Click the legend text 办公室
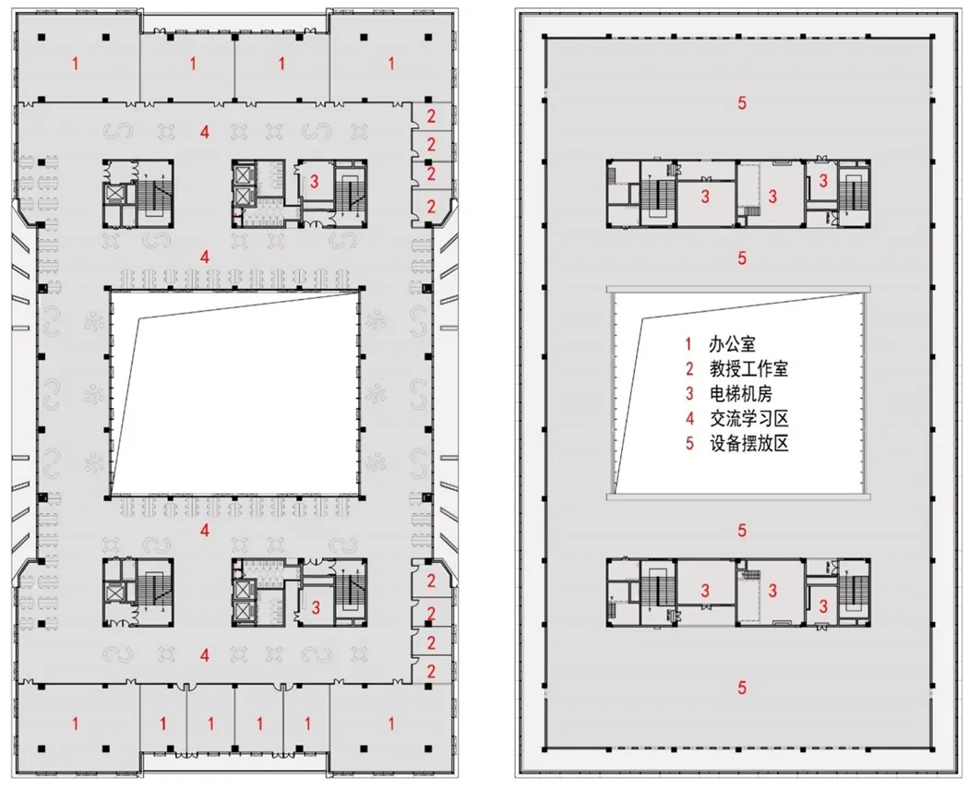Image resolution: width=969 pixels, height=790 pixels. pyautogui.click(x=732, y=344)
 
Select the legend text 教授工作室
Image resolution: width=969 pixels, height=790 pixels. pyautogui.click(x=748, y=369)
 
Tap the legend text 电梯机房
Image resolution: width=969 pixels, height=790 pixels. pyautogui.click(x=740, y=394)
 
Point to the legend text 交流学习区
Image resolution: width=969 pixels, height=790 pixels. pyautogui.click(x=748, y=418)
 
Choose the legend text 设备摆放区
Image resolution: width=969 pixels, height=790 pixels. pyautogui.click(x=748, y=443)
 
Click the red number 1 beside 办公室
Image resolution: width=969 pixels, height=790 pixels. pyautogui.click(x=689, y=344)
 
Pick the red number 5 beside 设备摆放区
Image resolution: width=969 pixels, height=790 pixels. pyautogui.click(x=689, y=443)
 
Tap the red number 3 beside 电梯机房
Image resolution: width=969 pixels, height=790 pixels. pyautogui.click(x=689, y=394)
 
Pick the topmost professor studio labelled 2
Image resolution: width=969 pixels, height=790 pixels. pyautogui.click(x=431, y=115)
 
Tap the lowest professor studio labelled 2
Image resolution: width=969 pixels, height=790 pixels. pyautogui.click(x=431, y=671)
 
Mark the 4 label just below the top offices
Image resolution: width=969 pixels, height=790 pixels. pyautogui.click(x=205, y=132)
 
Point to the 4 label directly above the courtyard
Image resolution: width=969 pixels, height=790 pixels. pyautogui.click(x=205, y=257)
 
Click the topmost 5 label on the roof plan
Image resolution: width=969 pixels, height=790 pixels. pyautogui.click(x=742, y=102)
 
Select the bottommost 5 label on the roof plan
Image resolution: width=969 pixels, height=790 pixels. pyautogui.click(x=742, y=688)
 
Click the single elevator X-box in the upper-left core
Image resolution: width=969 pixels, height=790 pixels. pyautogui.click(x=115, y=194)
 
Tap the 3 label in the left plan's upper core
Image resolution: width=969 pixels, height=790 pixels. pyautogui.click(x=315, y=181)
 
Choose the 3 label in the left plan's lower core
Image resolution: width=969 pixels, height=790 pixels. pyautogui.click(x=316, y=607)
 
